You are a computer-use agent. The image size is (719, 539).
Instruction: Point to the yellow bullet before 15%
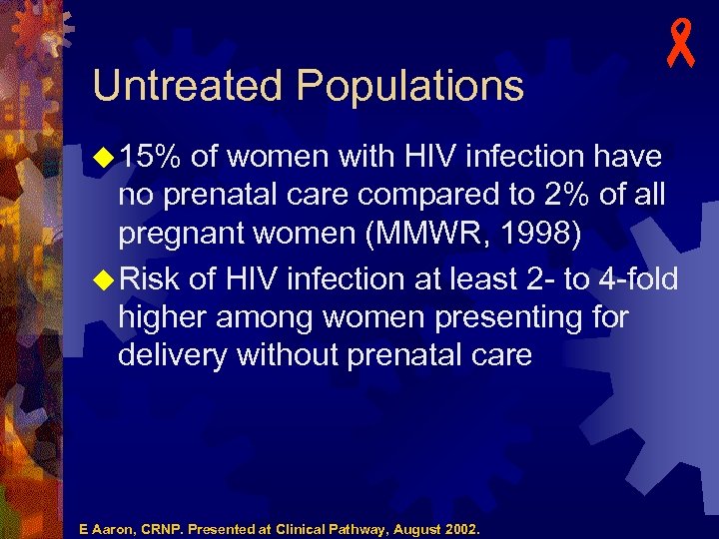point(104,157)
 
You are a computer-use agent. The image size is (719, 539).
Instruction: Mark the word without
point(293,354)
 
